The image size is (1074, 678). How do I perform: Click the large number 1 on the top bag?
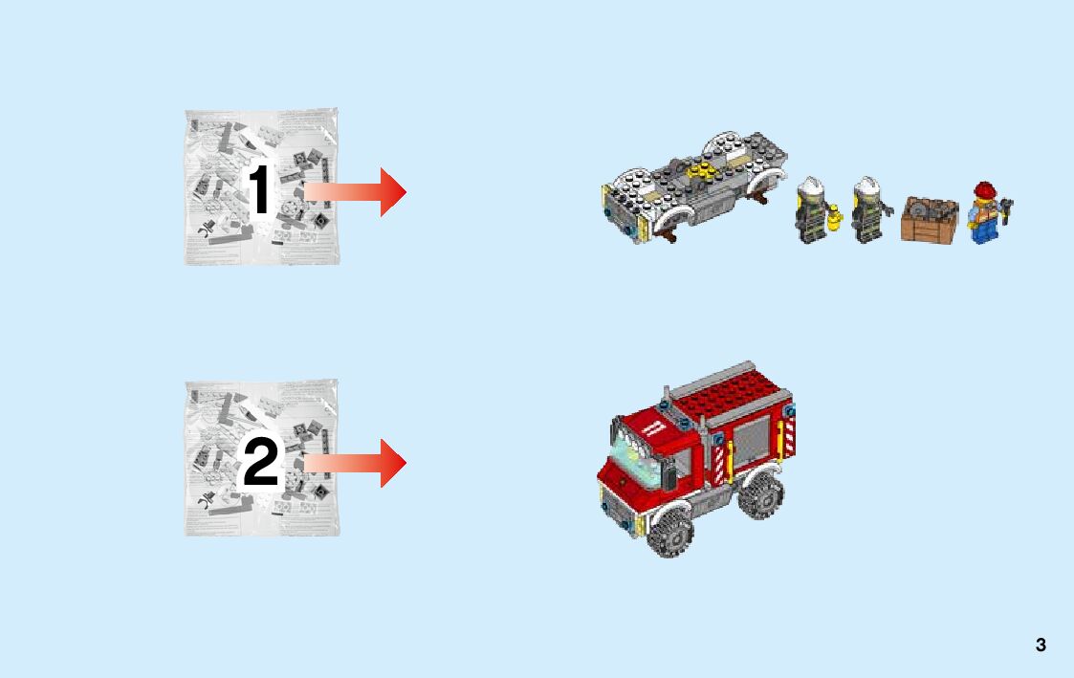point(260,189)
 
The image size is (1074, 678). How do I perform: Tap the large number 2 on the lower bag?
point(261,462)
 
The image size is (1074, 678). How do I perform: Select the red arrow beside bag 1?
point(356,192)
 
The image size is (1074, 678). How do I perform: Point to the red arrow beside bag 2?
point(356,463)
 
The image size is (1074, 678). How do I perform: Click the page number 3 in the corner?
point(1041,645)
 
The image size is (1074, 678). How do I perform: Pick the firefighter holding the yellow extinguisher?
point(812,210)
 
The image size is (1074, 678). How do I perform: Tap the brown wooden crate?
point(929,219)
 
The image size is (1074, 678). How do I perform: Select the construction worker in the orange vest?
point(987,213)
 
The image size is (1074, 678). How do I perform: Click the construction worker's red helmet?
point(985,189)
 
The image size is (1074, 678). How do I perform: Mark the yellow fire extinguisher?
point(834,218)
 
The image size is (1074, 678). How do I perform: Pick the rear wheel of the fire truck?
point(760,492)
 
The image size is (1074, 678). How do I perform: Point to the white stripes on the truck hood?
point(653,427)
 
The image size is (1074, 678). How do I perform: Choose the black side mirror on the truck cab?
point(669,462)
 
